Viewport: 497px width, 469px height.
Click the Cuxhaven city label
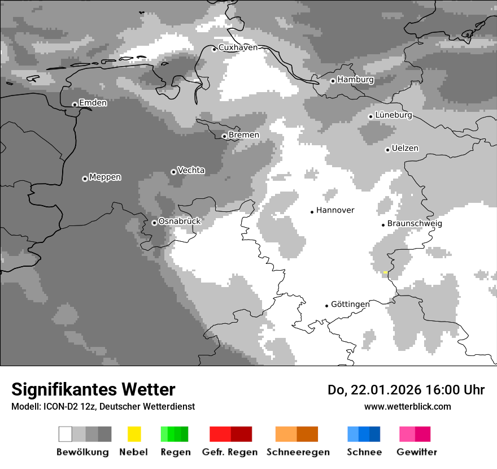tap(238, 47)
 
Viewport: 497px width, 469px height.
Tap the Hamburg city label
tap(355, 80)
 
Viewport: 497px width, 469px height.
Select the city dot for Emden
tap(75, 105)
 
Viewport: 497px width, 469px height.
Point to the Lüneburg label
tap(394, 115)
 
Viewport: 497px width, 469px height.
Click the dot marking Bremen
tap(224, 136)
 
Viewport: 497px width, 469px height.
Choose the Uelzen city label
tap(405, 149)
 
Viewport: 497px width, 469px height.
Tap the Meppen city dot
tap(85, 179)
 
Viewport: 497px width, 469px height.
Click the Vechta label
tap(191, 170)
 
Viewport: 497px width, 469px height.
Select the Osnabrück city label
tap(180, 222)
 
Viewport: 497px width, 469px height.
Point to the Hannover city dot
tap(312, 212)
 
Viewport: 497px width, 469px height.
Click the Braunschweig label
tap(415, 224)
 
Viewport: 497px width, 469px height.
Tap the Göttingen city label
tap(350, 305)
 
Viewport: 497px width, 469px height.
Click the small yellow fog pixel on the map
tap(385, 272)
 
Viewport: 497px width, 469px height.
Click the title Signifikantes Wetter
tap(93, 389)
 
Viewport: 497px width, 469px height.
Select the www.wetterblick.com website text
tap(407, 406)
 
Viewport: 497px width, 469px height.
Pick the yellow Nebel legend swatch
tap(134, 434)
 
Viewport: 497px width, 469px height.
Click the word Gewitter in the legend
tap(416, 452)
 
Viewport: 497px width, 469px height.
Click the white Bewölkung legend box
tap(66, 434)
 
